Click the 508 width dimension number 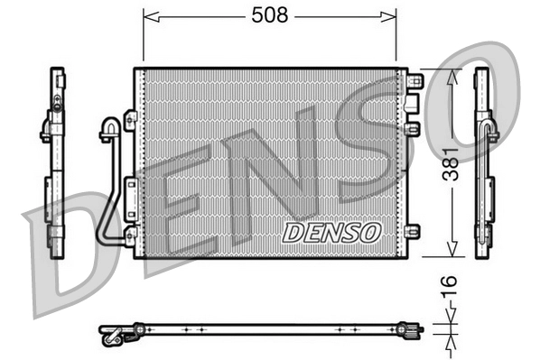[270, 15]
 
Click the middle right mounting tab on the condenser [413, 129]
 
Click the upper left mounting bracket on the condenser [129, 118]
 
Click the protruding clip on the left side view [45, 132]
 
